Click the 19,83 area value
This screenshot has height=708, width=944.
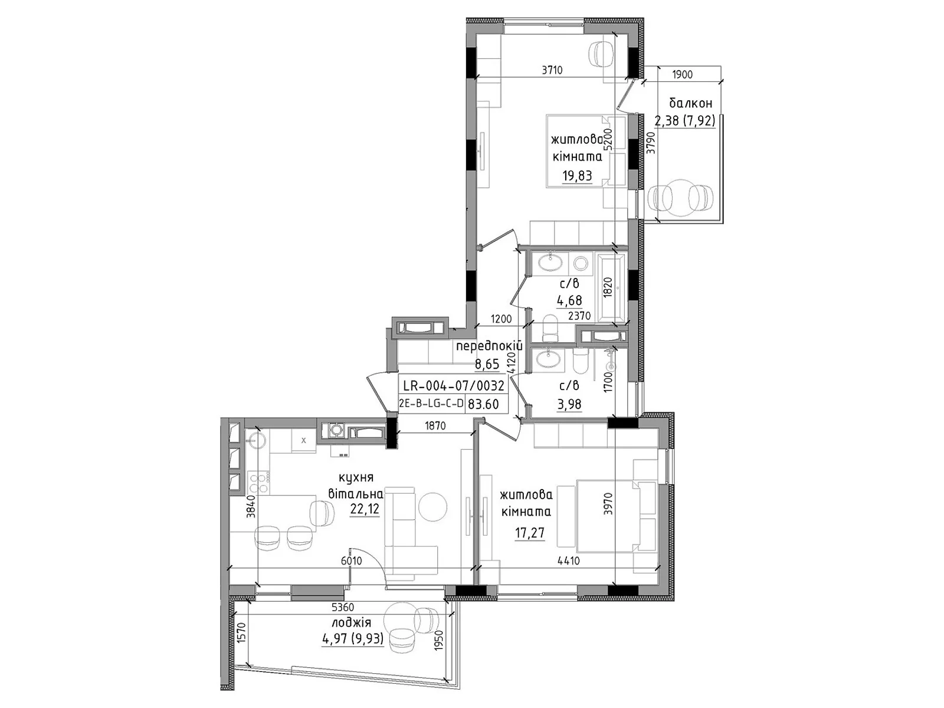(577, 175)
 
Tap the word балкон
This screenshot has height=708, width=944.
(691, 103)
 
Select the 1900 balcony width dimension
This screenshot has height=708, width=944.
(682, 74)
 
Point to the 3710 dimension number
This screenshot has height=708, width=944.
(552, 70)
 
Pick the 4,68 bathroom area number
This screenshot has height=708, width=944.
(569, 300)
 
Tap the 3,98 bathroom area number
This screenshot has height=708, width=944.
(569, 404)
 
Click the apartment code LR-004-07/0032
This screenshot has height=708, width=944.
(453, 386)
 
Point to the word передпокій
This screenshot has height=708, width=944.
(489, 346)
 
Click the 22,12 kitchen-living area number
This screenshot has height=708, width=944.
(365, 509)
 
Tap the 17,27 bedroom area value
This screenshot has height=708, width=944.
(530, 533)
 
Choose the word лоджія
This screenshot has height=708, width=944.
(352, 623)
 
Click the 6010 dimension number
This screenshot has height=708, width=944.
(352, 561)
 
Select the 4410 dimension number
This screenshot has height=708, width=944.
(569, 561)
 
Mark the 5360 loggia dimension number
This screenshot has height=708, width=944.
(343, 608)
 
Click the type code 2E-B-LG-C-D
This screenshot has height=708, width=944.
(431, 405)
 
